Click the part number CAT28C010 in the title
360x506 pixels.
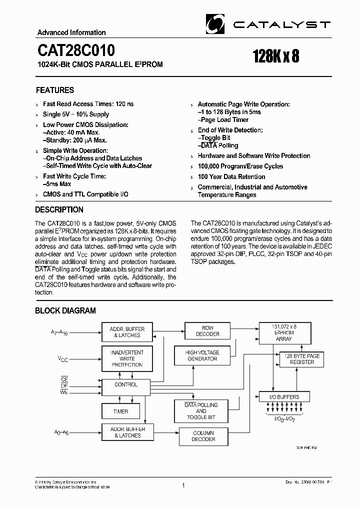click(75, 50)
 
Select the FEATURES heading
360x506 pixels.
click(55, 90)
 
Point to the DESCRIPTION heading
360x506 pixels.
click(59, 209)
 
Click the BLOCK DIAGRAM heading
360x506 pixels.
click(65, 310)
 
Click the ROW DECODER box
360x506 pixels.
click(207, 331)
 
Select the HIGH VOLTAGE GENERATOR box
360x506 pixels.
click(202, 355)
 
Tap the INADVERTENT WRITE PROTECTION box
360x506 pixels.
click(127, 358)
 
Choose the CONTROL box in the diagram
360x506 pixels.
click(126, 385)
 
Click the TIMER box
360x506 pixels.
click(120, 411)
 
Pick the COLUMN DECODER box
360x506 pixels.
click(203, 436)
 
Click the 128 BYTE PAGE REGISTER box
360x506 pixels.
click(302, 359)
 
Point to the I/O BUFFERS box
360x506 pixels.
click(284, 397)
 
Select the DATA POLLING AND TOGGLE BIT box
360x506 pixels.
click(201, 411)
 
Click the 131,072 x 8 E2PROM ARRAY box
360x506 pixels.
click(283, 332)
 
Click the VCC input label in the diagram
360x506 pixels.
click(62, 359)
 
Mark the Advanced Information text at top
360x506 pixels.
click(71, 32)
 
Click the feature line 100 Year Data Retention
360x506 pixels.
click(231, 177)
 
